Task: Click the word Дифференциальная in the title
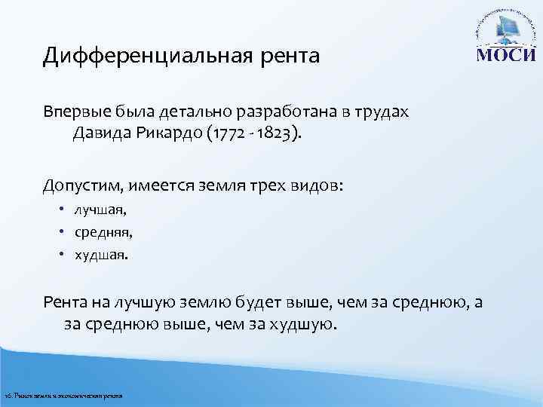(x=144, y=56)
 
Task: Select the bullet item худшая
(x=100, y=255)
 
